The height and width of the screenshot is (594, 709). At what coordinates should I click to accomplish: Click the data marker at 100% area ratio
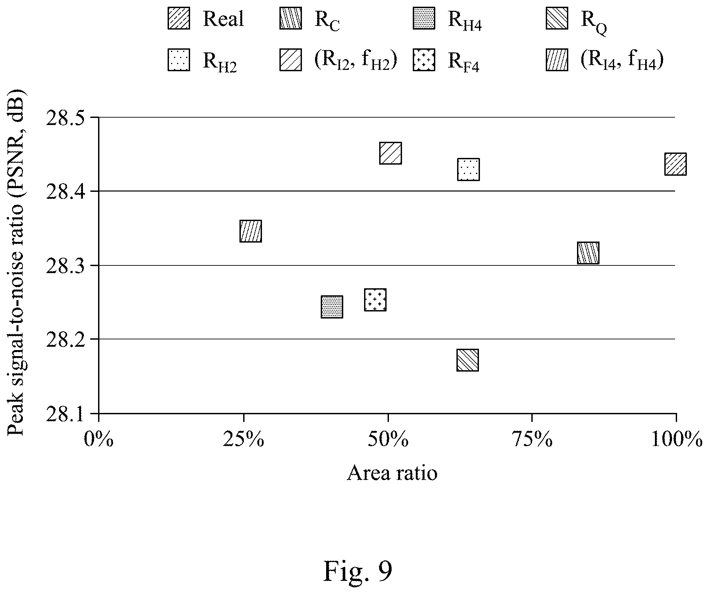point(675,164)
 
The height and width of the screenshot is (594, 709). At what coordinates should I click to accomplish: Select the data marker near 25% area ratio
point(251,231)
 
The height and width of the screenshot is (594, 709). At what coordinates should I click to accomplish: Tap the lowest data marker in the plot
point(468,360)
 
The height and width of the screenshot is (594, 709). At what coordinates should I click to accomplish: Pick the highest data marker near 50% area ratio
point(391,153)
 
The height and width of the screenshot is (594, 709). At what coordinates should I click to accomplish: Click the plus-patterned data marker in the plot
point(375,300)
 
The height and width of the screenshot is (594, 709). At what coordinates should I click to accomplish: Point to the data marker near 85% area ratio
point(588,253)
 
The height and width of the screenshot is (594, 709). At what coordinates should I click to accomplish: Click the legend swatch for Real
point(179,18)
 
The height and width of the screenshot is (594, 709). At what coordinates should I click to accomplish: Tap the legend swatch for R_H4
point(424,18)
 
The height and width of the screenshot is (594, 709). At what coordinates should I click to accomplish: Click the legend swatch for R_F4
point(424,60)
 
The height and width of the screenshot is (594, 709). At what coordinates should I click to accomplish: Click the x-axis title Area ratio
point(392,473)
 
